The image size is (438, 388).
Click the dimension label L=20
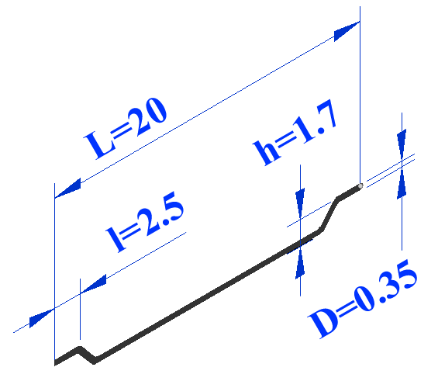(x=126, y=128)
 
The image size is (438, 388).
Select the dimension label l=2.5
(x=145, y=221)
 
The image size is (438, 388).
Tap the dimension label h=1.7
(x=295, y=133)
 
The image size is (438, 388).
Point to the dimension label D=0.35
(x=363, y=299)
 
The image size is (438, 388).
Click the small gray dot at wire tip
(x=360, y=186)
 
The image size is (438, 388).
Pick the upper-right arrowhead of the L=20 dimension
(x=347, y=31)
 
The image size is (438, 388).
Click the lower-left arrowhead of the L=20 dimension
(x=68, y=188)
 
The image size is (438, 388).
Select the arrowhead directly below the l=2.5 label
(x=93, y=284)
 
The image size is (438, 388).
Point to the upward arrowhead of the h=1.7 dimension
(x=300, y=263)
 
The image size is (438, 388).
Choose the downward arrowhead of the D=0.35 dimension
(x=402, y=145)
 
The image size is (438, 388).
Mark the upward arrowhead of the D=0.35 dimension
(x=402, y=183)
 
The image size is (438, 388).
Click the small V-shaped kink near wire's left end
(x=87, y=355)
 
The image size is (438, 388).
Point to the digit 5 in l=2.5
(x=171, y=206)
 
